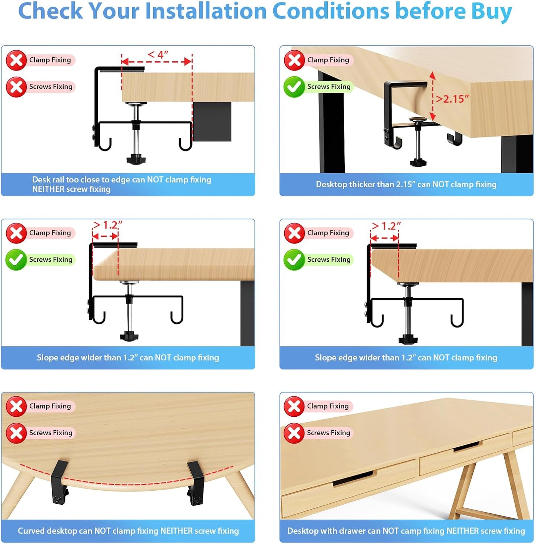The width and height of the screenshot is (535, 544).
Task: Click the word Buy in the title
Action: tap(491, 11)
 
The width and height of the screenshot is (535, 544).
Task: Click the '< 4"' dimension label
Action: tap(158, 54)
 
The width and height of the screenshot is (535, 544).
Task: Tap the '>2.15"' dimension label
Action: tap(452, 99)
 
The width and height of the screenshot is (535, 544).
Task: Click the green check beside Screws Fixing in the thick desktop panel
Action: tap(294, 87)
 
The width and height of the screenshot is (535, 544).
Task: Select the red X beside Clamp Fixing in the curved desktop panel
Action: tap(16, 406)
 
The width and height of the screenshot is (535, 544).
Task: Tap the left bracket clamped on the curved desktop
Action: tap(60, 482)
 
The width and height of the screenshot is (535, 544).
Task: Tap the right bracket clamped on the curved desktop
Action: tap(196, 483)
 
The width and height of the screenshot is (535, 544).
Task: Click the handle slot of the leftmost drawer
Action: tap(353, 478)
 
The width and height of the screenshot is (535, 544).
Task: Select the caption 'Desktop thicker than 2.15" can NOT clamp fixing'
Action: tap(406, 184)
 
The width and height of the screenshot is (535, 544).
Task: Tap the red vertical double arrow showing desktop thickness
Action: tap(432, 96)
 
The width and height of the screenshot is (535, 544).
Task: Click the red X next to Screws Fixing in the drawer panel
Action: tap(294, 433)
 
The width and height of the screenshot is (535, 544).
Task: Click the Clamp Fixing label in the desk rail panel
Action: tap(50, 60)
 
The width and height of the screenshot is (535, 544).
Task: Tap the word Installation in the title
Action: tap(206, 11)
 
